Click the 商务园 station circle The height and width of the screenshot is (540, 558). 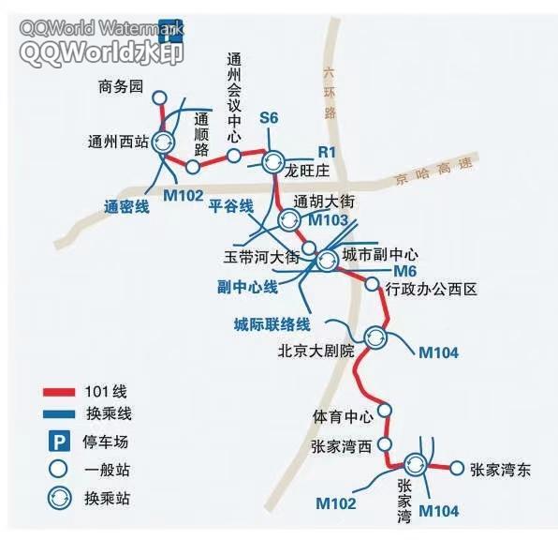pos(159,97)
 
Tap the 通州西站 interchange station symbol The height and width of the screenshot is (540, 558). pos(164,142)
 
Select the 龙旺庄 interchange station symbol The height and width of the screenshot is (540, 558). pos(273,162)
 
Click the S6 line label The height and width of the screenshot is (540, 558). pos(269,118)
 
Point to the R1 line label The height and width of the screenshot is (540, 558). pos(327,152)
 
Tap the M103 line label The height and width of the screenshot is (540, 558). pos(328,220)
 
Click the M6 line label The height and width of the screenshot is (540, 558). pos(405,271)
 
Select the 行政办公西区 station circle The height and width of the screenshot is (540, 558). pos(373,284)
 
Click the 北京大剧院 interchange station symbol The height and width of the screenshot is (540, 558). pos(375,337)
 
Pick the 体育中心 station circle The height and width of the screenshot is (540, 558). pos(385,411)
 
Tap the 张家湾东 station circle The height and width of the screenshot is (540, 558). pos(457,468)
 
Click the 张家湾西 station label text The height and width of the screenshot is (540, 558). pos(342,446)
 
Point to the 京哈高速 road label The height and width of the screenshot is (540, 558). pos(434,171)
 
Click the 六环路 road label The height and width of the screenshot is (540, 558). pos(330,94)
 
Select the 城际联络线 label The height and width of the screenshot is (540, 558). pos(272,324)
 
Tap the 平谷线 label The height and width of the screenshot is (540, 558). pos(231,206)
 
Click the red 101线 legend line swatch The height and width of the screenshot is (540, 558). pos(59,392)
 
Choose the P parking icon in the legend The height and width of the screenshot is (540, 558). pos(59,442)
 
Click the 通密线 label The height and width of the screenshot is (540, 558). pos(126,207)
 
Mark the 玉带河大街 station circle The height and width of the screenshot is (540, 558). pos(309,247)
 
